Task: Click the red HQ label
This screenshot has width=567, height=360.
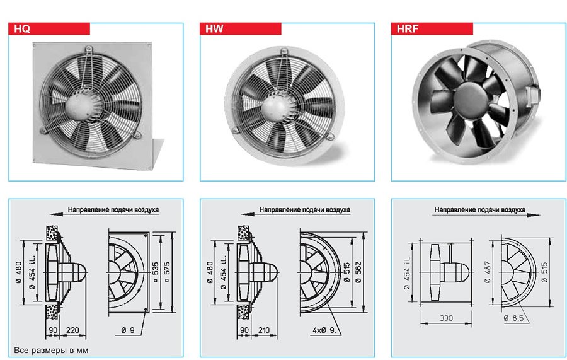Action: click(x=49, y=28)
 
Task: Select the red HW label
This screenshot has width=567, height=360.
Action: click(x=241, y=28)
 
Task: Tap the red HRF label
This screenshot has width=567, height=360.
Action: click(x=432, y=28)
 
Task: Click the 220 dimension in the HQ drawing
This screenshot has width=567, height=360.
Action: click(x=72, y=330)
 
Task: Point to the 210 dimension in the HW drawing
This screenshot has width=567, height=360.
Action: click(x=263, y=330)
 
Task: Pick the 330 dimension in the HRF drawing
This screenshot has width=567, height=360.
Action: click(x=446, y=318)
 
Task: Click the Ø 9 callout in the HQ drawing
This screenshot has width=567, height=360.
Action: click(x=128, y=330)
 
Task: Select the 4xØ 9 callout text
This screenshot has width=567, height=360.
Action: click(x=324, y=330)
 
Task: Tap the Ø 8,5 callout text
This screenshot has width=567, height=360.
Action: click(x=513, y=318)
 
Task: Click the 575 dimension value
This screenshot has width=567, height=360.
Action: click(x=167, y=272)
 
